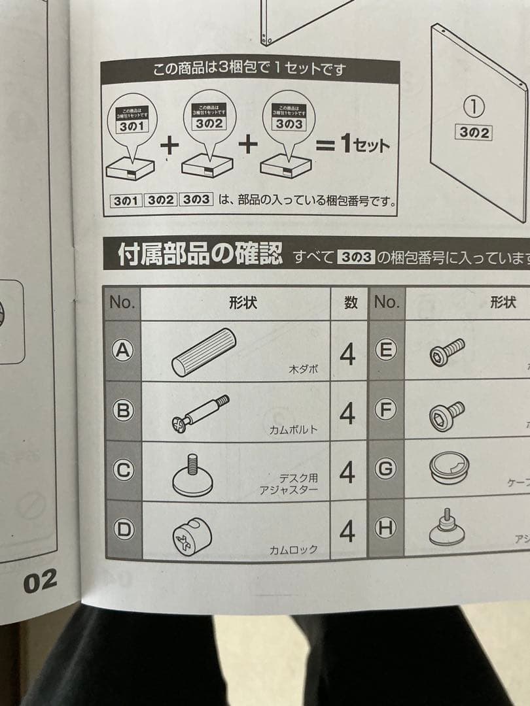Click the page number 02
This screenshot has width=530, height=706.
tap(41, 580)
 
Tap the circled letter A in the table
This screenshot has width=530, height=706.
tap(121, 351)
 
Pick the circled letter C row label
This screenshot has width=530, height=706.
tap(122, 469)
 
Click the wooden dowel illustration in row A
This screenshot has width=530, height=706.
tap(203, 352)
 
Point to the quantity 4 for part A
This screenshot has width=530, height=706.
tap(348, 354)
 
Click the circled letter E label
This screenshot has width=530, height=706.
tap(386, 351)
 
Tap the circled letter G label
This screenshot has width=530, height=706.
tap(386, 469)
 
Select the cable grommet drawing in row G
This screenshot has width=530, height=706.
tap(450, 469)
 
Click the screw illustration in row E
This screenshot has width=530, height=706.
tap(447, 351)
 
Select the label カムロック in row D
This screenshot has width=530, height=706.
tap(293, 549)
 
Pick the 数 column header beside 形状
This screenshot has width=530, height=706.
tap(350, 303)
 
